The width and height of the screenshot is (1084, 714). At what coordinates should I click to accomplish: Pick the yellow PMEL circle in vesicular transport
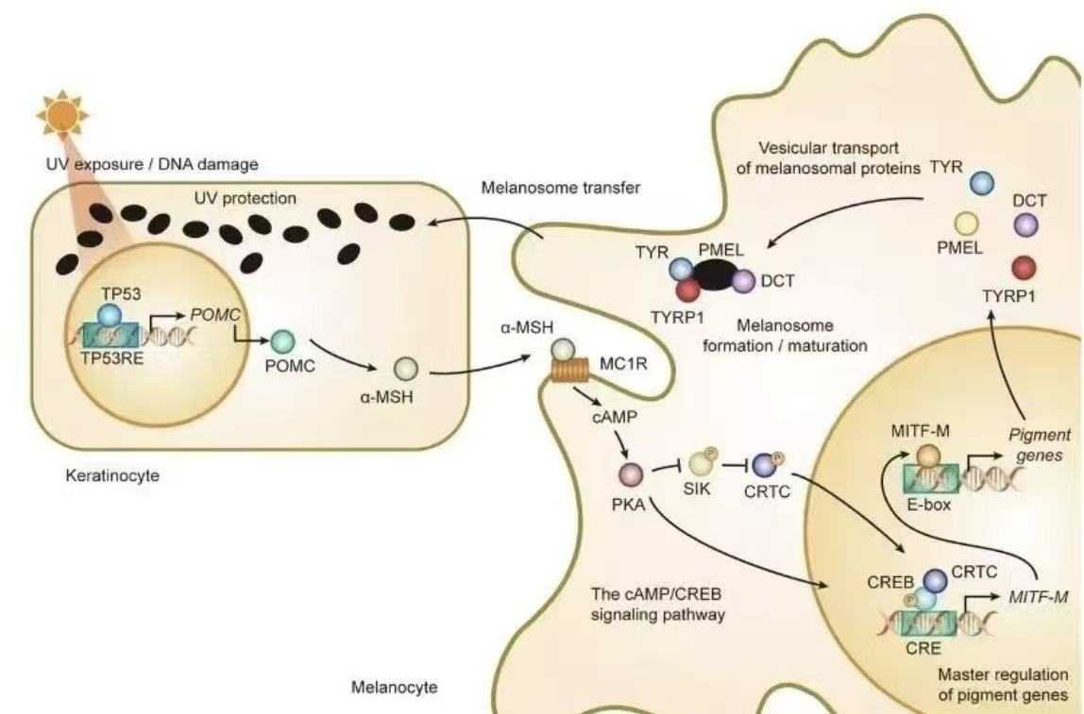[965, 224]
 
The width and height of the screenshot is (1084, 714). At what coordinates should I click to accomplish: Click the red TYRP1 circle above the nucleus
[1024, 267]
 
